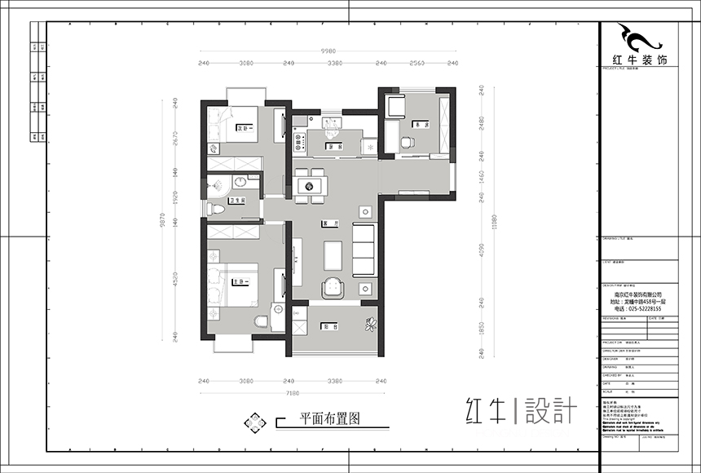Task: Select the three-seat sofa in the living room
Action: [x=363, y=249]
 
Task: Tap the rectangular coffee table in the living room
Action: [x=332, y=254]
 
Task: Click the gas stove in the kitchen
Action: [x=298, y=141]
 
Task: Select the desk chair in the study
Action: [x=407, y=142]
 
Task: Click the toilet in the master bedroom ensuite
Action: [x=261, y=321]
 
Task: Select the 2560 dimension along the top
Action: [x=417, y=63]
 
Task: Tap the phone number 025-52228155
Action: [x=637, y=308]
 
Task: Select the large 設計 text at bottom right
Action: [x=551, y=409]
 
